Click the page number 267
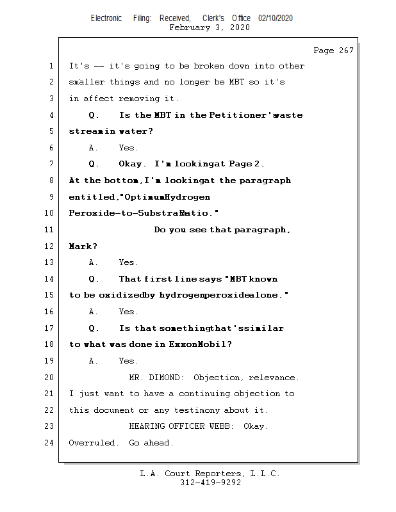[x=343, y=51]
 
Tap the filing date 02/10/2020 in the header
[x=276, y=19]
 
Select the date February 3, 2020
[x=210, y=28]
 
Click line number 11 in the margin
[x=51, y=230]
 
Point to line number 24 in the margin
[x=51, y=443]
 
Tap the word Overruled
[x=94, y=443]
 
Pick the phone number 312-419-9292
[x=210, y=483]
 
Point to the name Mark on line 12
[x=81, y=246]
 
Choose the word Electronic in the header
[x=106, y=19]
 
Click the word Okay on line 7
[x=132, y=164]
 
